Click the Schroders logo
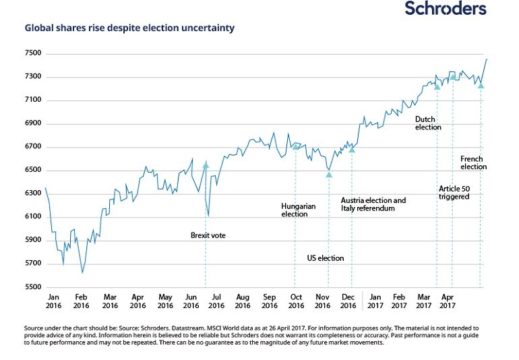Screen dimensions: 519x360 [446, 8]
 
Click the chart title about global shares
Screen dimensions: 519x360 [129, 28]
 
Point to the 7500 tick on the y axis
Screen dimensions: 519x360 [33, 53]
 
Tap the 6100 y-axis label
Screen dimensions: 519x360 [33, 216]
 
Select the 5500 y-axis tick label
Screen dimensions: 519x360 [33, 287]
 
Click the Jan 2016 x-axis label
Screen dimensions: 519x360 [54, 301]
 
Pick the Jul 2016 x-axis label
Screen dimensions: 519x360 [216, 301]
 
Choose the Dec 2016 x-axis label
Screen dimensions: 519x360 [348, 301]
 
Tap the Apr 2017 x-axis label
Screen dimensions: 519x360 [448, 301]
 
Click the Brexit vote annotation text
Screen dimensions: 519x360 [208, 235]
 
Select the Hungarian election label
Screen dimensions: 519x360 [298, 210]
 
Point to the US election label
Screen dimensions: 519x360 [326, 258]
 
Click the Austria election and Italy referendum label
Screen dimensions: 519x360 [373, 204]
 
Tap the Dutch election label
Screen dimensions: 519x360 [428, 123]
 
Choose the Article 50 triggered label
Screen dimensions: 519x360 [454, 193]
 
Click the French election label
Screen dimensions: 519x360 [473, 163]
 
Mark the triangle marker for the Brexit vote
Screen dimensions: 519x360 [206, 164]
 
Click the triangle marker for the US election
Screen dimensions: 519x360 [329, 175]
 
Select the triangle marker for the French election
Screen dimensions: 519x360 [481, 86]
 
